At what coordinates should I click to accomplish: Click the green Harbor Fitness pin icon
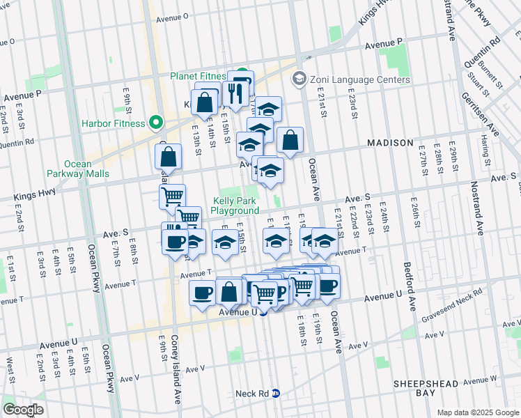(x=157, y=124)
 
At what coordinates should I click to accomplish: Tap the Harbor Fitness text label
(x=115, y=124)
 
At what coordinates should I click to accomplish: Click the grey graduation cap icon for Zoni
(x=300, y=79)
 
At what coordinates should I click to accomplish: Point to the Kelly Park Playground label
(x=235, y=206)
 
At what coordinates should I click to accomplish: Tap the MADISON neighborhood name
(x=390, y=143)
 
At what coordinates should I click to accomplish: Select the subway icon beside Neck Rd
(x=276, y=393)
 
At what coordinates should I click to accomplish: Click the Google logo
(x=23, y=410)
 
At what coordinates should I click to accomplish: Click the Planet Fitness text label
(x=199, y=76)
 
